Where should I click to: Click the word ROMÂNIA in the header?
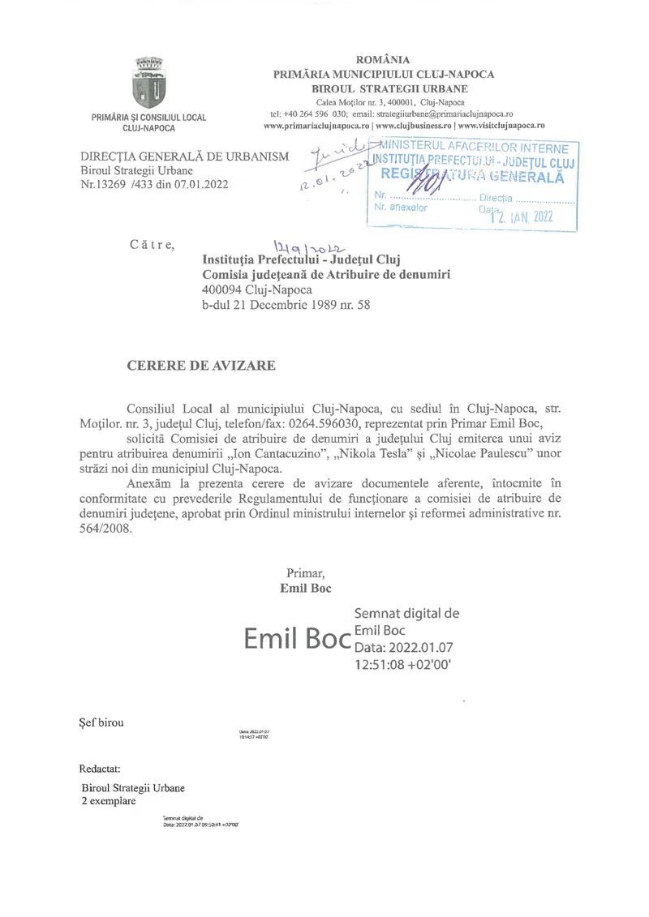tap(384, 59)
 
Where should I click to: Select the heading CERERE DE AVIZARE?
tap(201, 366)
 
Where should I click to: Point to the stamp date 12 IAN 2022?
tap(522, 214)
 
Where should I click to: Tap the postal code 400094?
tap(223, 290)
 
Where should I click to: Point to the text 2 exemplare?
tap(108, 800)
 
